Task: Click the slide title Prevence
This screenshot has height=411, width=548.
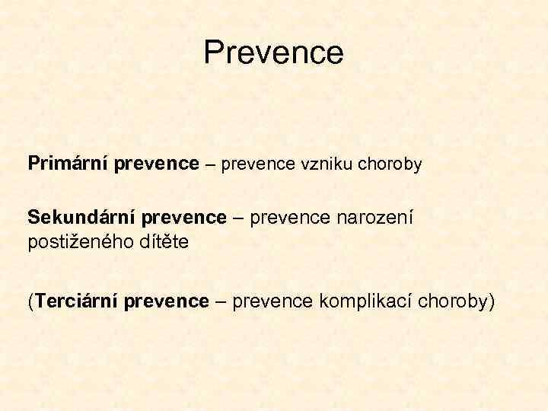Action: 274,53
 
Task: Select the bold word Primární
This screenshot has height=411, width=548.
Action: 68,164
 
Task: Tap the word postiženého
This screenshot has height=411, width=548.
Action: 82,243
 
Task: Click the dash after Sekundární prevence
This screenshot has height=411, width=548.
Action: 238,218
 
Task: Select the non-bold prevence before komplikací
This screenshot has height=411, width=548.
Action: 272,302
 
